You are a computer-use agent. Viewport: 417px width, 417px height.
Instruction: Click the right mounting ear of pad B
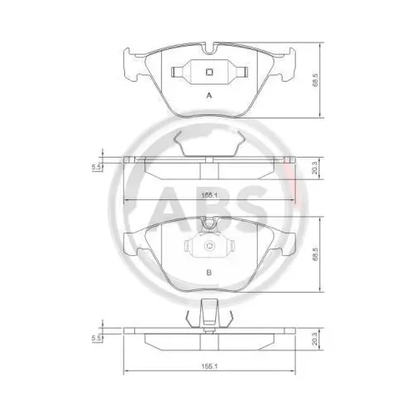pos(288,242)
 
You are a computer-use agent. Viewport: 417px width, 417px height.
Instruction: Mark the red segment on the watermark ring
pos(293,179)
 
